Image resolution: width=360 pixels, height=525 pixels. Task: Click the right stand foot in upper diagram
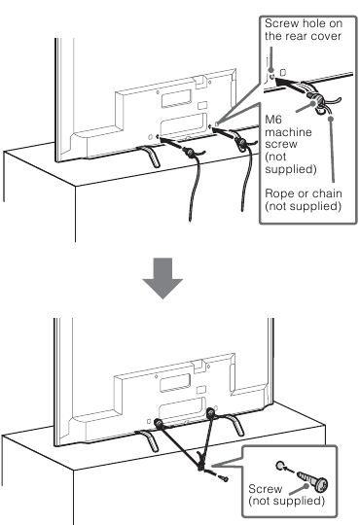(234, 152)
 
